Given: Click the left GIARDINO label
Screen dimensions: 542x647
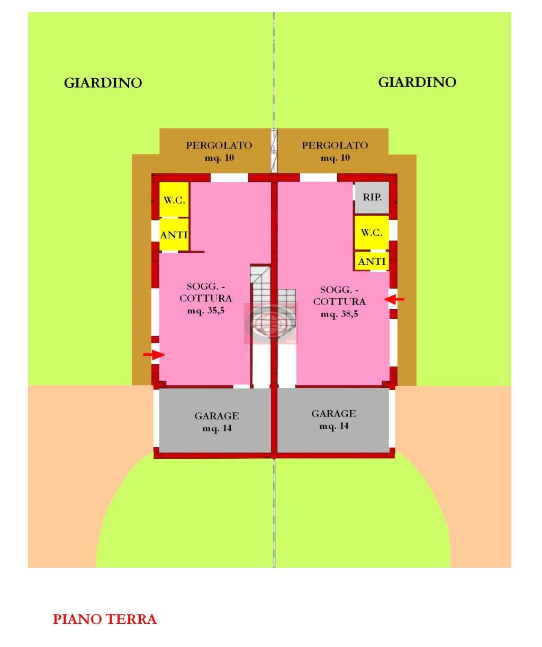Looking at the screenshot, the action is pos(103,83).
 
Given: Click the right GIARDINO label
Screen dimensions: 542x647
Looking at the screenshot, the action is pos(417,82).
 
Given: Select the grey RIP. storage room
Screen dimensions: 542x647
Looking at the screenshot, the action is pos(372,197).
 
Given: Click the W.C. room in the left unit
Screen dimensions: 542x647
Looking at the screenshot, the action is pos(174,200).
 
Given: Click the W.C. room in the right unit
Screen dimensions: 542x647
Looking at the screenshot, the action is pos(372,233).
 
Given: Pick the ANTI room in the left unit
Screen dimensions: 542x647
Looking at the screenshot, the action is pos(174,235).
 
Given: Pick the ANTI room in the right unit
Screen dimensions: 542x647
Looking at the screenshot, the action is pos(372,261).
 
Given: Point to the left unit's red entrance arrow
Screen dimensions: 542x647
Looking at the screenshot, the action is pos(154,355).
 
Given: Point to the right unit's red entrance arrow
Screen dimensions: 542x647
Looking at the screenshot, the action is pos(394,299).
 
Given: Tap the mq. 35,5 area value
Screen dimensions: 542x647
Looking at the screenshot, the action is pos(206,310).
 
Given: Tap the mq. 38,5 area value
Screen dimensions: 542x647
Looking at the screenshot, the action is pos(339,314).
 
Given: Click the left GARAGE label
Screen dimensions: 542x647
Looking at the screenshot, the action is pos(217,416).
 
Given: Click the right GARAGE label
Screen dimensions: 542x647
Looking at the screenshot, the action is pos(334,414).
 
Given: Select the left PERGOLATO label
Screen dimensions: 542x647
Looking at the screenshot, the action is pos(219,145).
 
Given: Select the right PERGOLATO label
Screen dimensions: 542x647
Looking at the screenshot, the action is pos(335,145).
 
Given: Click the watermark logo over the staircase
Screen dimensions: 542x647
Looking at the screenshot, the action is pos(271,323).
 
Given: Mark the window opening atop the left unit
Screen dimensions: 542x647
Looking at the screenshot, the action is pos(229,178).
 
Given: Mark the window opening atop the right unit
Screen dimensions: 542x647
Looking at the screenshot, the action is pos(318,178).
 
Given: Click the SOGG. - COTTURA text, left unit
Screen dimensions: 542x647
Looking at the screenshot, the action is pos(206,292).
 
